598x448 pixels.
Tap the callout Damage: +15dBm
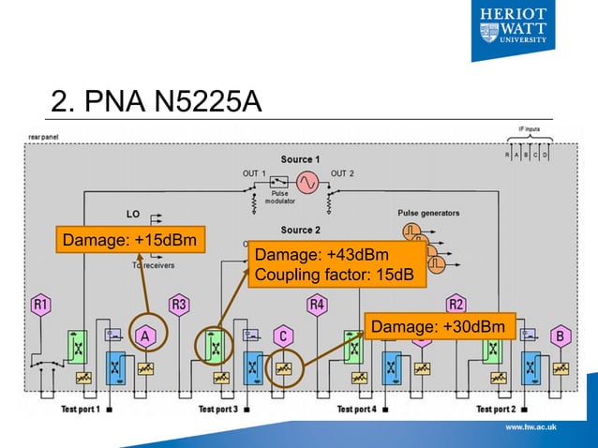pos(129,242)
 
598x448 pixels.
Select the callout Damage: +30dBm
pos(440,326)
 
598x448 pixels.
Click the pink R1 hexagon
pos(41,305)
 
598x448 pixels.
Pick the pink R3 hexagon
pos(179,305)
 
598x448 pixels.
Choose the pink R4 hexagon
pos(318,305)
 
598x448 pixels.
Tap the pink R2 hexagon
pos(456,305)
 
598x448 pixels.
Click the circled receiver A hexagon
pos(145,335)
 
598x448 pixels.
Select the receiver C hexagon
pos(283,335)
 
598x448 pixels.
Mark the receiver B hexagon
pos(561,335)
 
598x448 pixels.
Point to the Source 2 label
pos(301,230)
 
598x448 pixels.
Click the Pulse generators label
pos(432,212)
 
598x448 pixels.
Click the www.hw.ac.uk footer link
pos(531,427)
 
